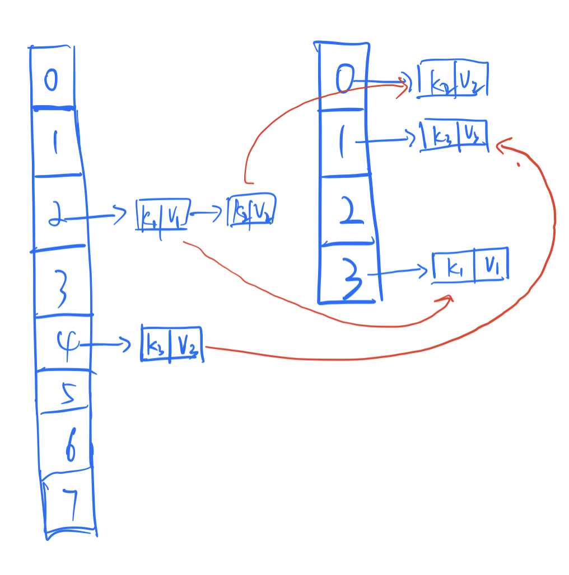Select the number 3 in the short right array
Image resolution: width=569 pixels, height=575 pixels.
point(351,278)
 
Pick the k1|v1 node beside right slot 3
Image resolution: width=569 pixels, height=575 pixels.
point(471,266)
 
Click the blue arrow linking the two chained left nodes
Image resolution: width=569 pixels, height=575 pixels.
point(208,213)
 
